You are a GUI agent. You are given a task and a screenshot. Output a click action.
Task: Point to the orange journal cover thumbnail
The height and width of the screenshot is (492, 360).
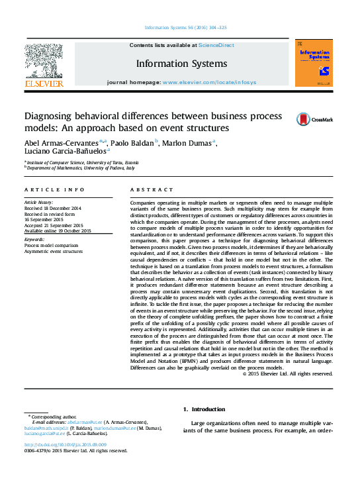(314, 63)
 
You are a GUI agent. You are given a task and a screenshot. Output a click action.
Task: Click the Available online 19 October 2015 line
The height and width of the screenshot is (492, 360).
(58, 230)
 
